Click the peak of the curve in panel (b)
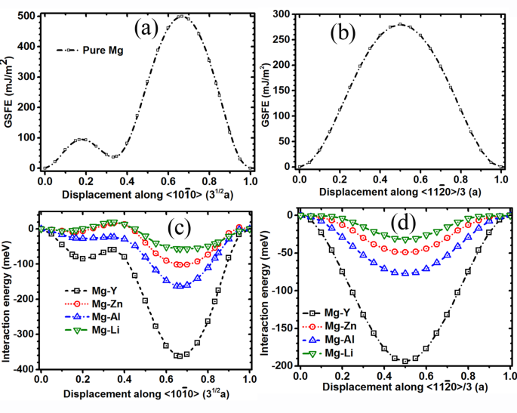(401, 24)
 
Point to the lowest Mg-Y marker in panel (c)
(180, 356)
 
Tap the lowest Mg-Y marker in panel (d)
(405, 361)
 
